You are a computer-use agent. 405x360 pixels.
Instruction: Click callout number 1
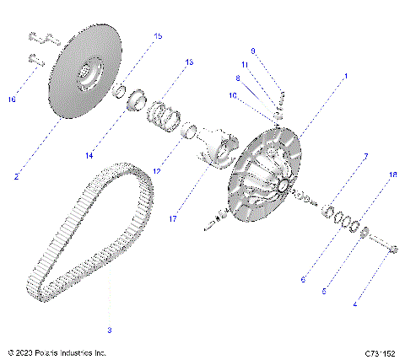click(x=344, y=77)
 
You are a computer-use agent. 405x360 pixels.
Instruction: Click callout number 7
click(x=366, y=157)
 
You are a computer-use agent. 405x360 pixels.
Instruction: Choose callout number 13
click(x=189, y=62)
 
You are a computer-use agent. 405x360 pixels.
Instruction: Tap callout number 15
click(x=157, y=36)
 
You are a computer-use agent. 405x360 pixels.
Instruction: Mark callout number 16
click(x=12, y=99)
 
